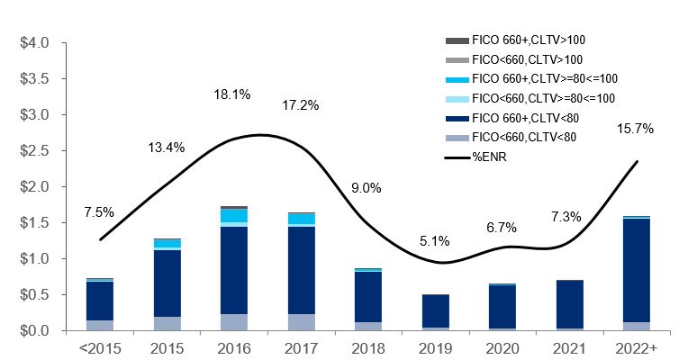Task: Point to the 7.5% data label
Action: [99, 212]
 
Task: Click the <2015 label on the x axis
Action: [100, 347]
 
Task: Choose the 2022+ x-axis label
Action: [637, 347]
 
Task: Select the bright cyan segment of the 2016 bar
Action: [234, 216]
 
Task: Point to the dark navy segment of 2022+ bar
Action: [637, 270]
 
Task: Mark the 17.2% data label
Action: [300, 105]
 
